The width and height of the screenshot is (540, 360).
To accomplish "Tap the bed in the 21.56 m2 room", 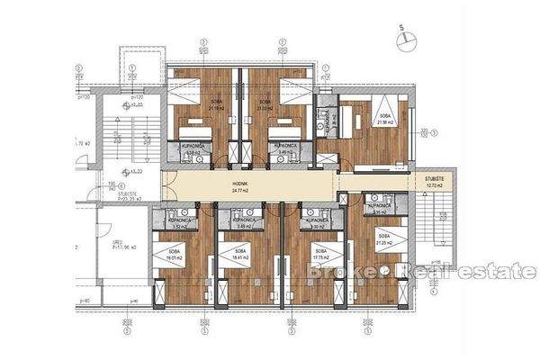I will [370, 112].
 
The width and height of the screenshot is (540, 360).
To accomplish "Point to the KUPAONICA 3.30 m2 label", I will [316, 222].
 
